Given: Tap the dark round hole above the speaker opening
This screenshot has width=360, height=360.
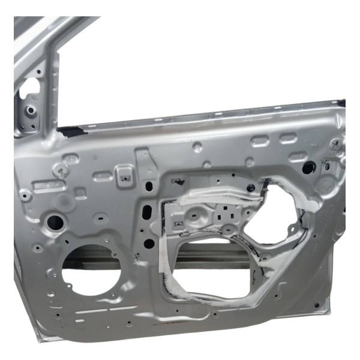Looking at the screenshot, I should coord(56,222).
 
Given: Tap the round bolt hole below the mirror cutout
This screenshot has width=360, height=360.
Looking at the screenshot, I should coord(30,111).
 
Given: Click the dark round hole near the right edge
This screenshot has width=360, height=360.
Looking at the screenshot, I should coord(308,168).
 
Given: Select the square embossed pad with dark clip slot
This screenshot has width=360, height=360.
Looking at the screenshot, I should coord(126,176).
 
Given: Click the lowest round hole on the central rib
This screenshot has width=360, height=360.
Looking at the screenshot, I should coord(149,244).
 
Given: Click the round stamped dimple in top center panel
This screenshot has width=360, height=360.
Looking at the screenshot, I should coord(197,146).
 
